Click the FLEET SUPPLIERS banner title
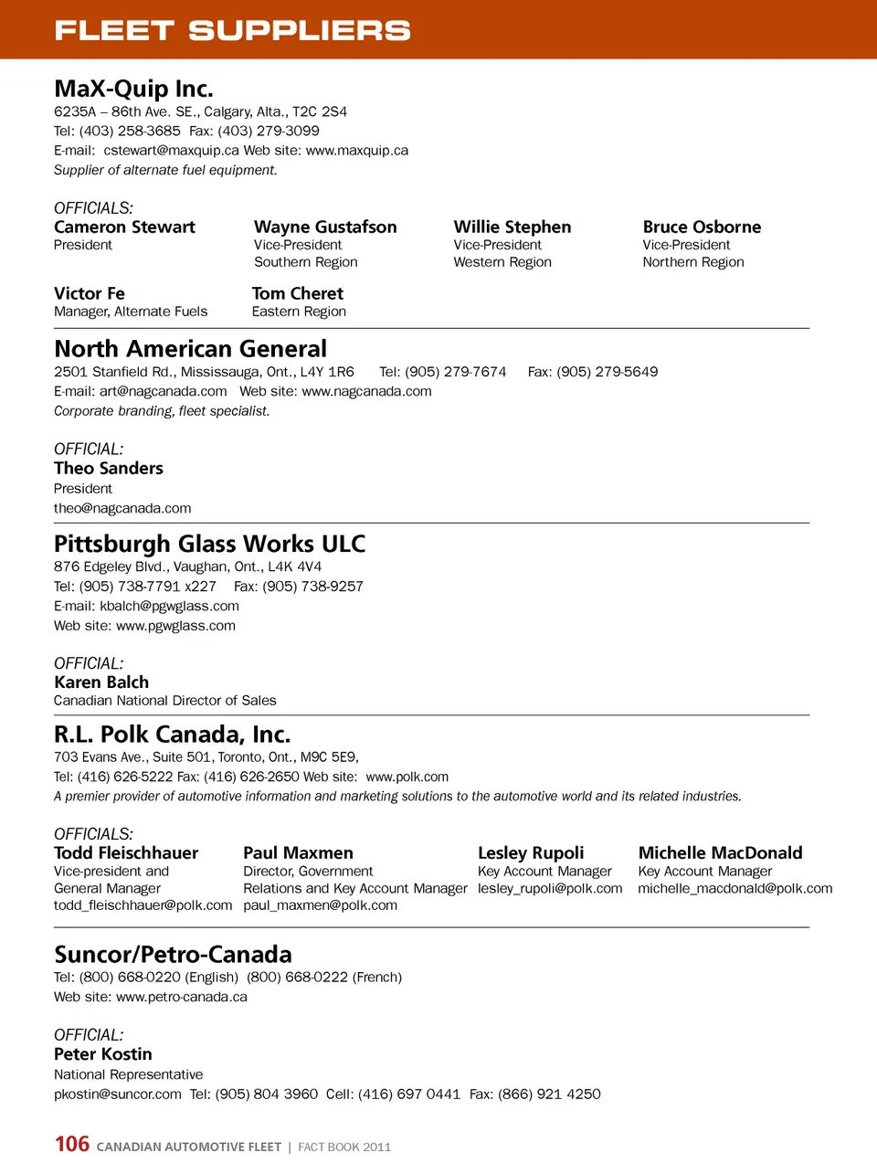point(232,30)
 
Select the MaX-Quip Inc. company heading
point(133,89)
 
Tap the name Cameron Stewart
point(124,227)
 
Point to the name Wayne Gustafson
point(325,227)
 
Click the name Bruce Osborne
point(702,227)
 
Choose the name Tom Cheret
point(298,293)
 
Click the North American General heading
point(190,349)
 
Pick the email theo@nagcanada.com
point(122,508)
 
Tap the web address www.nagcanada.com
point(366,391)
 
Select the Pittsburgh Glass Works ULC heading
point(209,544)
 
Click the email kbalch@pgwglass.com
point(169,606)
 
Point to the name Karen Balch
point(101,682)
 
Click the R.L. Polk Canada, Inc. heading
point(172,735)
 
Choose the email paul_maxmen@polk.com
point(320,905)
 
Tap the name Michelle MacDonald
point(720,852)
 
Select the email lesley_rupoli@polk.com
point(550,888)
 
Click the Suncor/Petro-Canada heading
point(173,955)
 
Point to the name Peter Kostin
point(103,1053)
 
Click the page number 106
point(72,1144)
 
